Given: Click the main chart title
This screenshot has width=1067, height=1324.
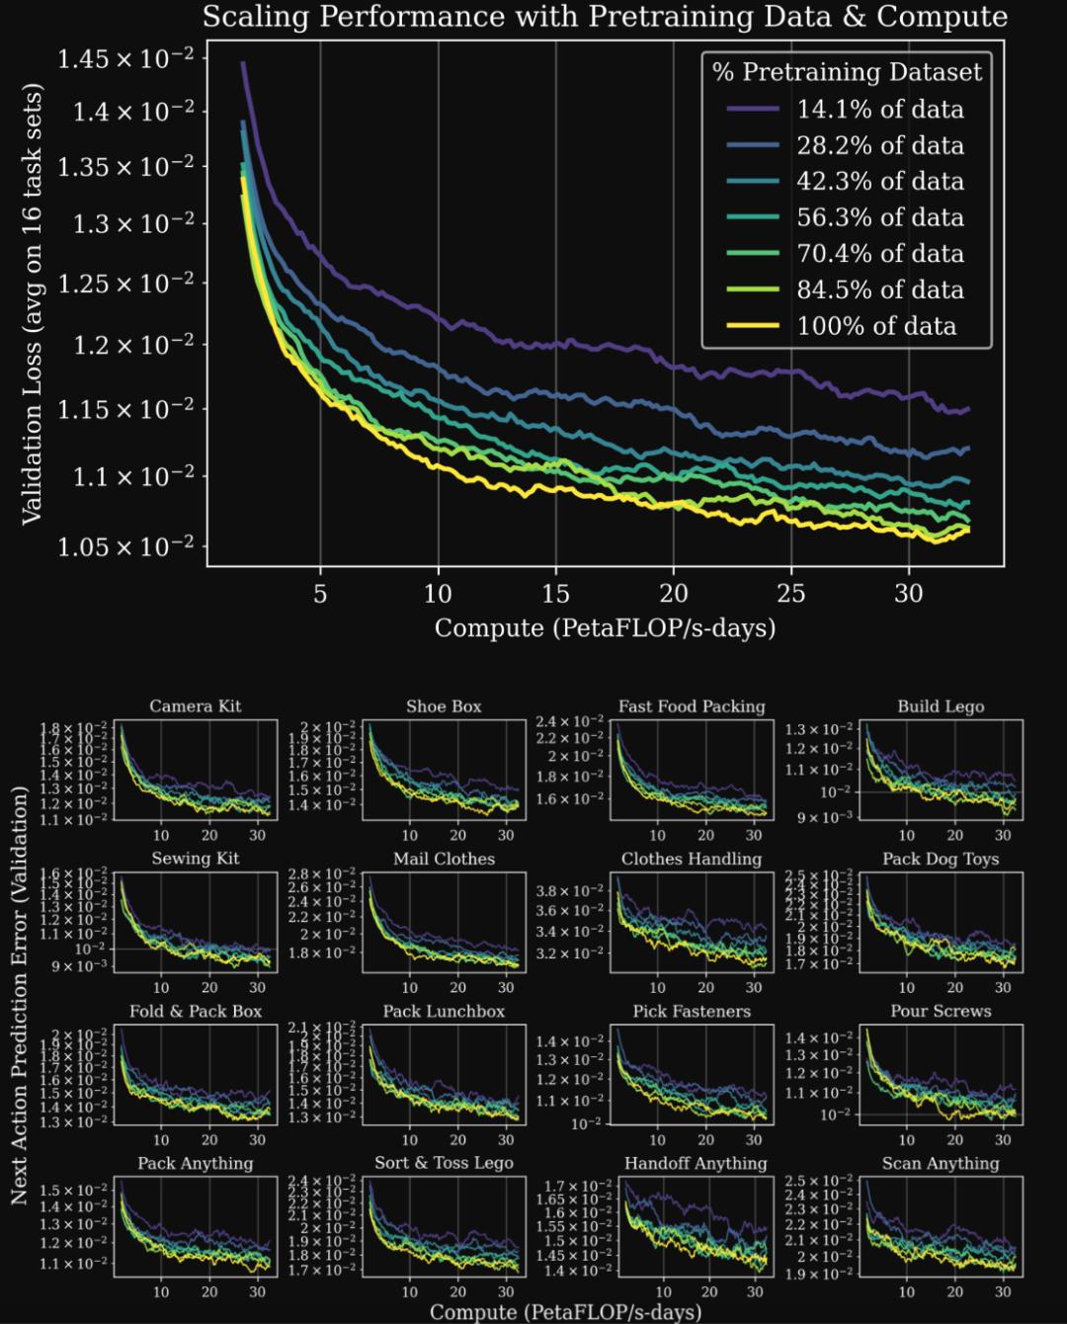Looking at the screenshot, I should click(605, 17).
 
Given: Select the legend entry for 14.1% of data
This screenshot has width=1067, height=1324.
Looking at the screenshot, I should click(879, 109).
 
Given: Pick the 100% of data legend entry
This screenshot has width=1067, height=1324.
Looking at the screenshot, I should click(876, 326).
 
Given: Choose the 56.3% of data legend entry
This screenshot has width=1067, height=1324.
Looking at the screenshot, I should click(879, 217).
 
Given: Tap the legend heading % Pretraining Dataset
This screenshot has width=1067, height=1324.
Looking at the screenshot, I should click(847, 72).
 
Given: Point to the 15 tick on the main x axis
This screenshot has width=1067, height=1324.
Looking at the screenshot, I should click(555, 593).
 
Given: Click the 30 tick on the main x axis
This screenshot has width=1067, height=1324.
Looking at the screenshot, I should click(909, 593).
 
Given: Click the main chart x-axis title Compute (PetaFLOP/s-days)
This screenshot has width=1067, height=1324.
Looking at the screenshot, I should click(605, 628).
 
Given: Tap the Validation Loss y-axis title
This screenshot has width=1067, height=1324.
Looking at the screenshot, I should click(32, 303).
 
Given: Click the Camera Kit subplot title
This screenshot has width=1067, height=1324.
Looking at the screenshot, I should click(195, 706).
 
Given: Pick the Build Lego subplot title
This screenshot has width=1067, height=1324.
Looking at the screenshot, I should click(940, 706).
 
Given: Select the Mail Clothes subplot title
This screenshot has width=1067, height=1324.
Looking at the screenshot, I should click(444, 859).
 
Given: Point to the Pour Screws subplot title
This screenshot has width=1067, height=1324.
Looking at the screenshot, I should click(940, 1011).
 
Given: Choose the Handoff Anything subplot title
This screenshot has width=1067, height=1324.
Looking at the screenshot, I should click(695, 1163).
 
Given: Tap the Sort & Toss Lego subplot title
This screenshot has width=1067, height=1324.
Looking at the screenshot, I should click(444, 1163).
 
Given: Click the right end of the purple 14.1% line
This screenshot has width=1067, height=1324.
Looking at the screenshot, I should click(968, 409).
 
